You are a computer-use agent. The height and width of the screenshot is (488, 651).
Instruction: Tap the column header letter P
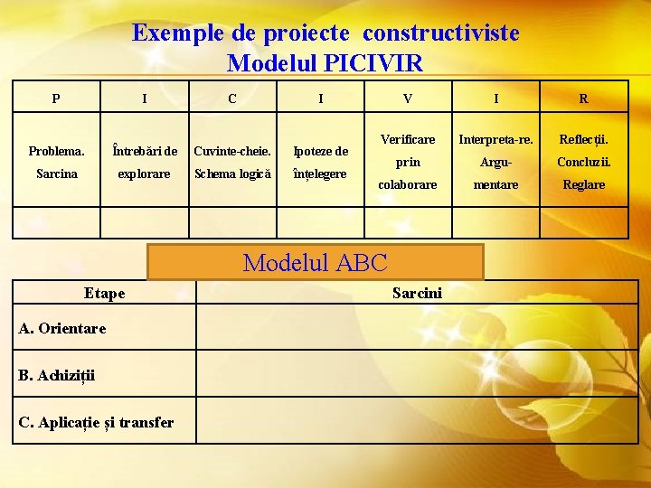click(x=56, y=99)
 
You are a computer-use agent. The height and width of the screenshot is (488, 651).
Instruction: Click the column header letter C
click(x=232, y=99)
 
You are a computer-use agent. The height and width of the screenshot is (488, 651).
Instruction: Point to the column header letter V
click(x=408, y=99)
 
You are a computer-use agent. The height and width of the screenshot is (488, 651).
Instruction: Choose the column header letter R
click(x=583, y=99)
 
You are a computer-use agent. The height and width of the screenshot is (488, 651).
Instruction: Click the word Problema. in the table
click(x=56, y=151)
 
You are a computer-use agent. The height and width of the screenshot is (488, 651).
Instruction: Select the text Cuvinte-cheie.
click(x=232, y=151)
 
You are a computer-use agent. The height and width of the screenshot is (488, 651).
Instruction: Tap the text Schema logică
click(x=232, y=174)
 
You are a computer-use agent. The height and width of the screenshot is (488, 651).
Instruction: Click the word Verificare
click(x=408, y=139)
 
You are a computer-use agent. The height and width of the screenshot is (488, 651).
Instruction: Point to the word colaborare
click(x=408, y=184)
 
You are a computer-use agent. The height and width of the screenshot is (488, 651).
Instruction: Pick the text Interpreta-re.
click(x=495, y=139)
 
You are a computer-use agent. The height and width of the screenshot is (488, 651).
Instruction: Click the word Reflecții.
click(x=583, y=139)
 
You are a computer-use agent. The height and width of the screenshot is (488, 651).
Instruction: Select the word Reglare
click(x=583, y=184)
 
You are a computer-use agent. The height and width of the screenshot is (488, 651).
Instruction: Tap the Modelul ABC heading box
click(x=316, y=263)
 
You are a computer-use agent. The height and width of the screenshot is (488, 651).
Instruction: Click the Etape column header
click(x=104, y=293)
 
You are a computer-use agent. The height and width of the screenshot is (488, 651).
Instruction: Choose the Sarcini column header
click(x=417, y=293)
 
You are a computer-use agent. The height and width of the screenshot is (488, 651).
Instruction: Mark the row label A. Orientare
click(x=61, y=328)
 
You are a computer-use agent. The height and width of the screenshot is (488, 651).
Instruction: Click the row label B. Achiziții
click(x=56, y=375)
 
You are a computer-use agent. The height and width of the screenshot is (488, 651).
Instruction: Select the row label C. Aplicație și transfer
click(x=96, y=422)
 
